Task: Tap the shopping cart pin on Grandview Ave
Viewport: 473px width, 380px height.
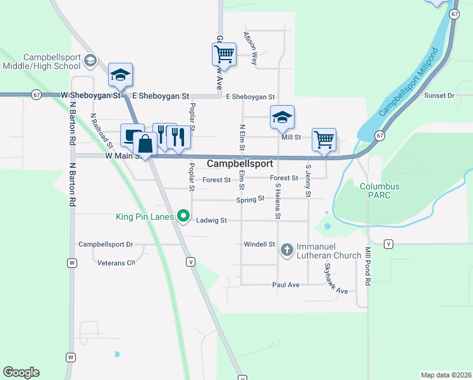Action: (x=224, y=54)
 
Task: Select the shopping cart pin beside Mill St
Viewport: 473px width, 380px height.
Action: (x=324, y=139)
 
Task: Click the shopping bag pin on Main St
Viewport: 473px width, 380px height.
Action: (x=145, y=144)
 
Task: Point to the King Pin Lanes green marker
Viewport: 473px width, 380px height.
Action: (x=184, y=217)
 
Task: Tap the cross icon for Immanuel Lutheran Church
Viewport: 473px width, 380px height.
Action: (x=287, y=250)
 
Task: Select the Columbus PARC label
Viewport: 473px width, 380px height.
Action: (x=380, y=191)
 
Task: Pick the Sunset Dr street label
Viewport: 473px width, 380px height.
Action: (x=439, y=95)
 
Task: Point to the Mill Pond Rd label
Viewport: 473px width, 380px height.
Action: (x=367, y=270)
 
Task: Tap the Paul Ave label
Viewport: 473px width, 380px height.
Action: (x=285, y=285)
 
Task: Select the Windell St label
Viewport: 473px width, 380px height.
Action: (x=259, y=244)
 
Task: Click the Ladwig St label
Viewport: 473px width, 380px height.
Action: (x=211, y=220)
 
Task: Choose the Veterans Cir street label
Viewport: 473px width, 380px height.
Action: (x=116, y=262)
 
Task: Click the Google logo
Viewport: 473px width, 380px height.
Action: (x=21, y=372)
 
